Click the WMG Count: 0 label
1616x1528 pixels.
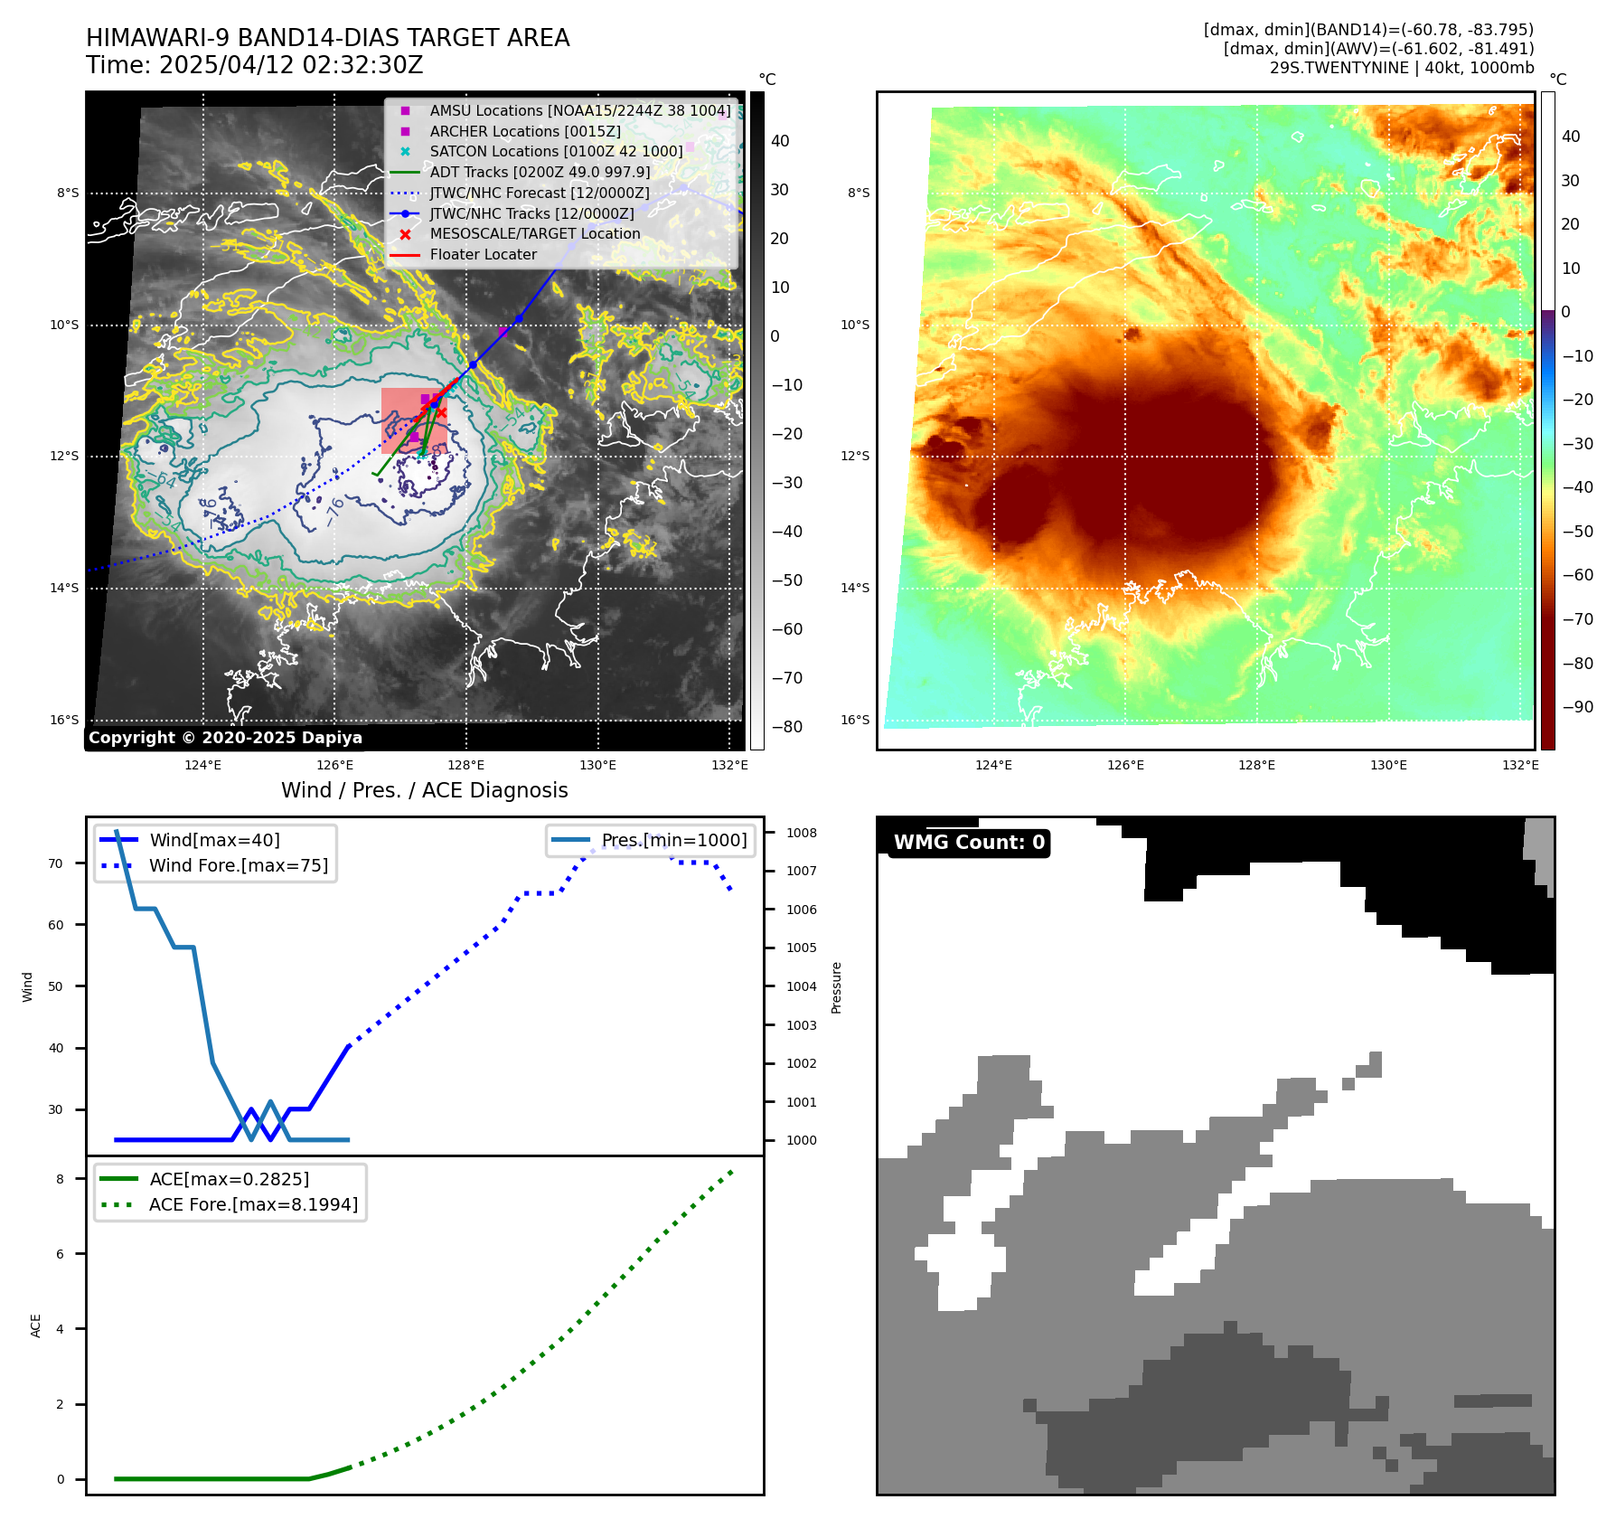(x=968, y=843)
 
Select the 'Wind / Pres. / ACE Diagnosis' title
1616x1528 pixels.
(x=424, y=790)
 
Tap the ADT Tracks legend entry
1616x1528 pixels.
(x=540, y=172)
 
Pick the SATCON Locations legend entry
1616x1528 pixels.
(x=556, y=151)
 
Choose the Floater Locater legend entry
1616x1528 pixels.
(x=483, y=254)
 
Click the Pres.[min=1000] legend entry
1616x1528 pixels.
(x=673, y=840)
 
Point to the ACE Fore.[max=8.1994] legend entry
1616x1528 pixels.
(x=253, y=1204)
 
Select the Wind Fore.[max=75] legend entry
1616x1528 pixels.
(x=239, y=865)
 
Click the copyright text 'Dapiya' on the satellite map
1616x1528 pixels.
(x=332, y=738)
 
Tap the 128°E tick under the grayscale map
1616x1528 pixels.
(x=466, y=765)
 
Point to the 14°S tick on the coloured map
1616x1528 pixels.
(x=855, y=588)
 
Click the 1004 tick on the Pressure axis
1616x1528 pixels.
(x=801, y=986)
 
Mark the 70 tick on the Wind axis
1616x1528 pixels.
(x=56, y=863)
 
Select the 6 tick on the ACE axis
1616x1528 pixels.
(x=61, y=1254)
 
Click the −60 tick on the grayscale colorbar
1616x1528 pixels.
(x=786, y=629)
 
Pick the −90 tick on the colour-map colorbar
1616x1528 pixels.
(x=1577, y=707)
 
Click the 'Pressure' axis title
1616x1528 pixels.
(x=836, y=987)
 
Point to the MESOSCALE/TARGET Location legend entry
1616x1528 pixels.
(x=534, y=233)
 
